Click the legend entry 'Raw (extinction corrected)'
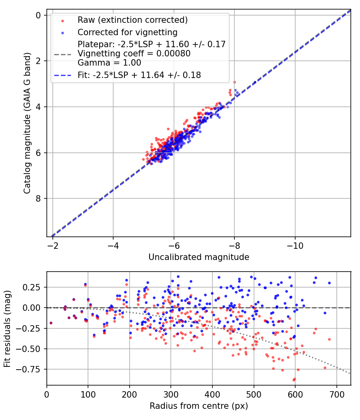coord(132,20)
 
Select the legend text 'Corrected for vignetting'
coord(128,32)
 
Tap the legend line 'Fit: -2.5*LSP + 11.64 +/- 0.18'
coord(63,75)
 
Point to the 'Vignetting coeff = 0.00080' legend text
coord(134,54)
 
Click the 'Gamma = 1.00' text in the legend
coord(109,63)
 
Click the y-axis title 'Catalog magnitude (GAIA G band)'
coord(27,123)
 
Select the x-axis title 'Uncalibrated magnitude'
coord(199,257)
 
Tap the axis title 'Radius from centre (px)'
coord(199,406)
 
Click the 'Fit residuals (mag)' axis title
coord(7,329)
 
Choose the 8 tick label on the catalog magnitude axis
coord(38,198)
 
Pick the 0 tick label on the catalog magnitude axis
coord(38,15)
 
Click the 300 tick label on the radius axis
coord(171,394)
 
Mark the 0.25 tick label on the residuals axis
coord(32,288)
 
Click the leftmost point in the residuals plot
coord(51,323)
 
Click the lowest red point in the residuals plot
coord(294,380)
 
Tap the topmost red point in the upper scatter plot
coord(235,82)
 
